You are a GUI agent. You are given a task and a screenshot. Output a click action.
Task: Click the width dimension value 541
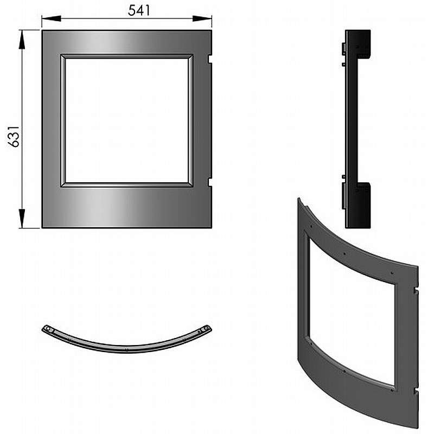[x=139, y=10]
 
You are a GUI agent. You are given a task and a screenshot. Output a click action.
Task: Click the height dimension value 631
[x=14, y=137]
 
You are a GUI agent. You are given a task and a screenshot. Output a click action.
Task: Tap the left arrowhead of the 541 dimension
[x=52, y=18]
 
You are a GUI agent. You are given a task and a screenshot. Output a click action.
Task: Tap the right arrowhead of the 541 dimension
[x=202, y=18]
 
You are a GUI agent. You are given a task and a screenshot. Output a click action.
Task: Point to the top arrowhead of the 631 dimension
[x=22, y=40]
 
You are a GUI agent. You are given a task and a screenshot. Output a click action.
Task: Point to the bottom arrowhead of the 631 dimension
[x=22, y=219]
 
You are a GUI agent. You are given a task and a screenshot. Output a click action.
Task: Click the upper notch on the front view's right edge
[x=210, y=59]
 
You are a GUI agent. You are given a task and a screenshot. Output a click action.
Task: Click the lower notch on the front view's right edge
[x=210, y=182]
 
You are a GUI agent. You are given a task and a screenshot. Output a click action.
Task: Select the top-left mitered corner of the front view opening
[x=63, y=57]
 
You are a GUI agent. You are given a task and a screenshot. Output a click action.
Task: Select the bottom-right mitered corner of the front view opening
[x=190, y=184]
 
